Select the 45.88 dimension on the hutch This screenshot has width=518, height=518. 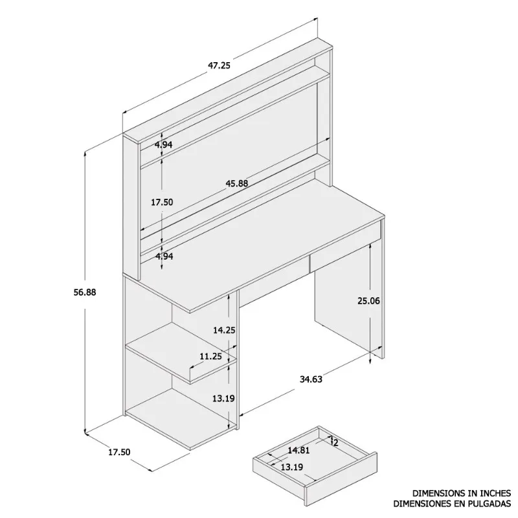coord(236,183)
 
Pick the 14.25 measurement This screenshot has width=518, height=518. coord(224,330)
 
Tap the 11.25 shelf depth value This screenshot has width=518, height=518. coord(210,356)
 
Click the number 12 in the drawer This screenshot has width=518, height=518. coord(335,443)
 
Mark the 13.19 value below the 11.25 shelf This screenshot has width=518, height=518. coord(224,398)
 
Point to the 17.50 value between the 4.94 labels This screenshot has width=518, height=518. coord(161,202)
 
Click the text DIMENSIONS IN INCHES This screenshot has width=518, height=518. coord(462,492)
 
